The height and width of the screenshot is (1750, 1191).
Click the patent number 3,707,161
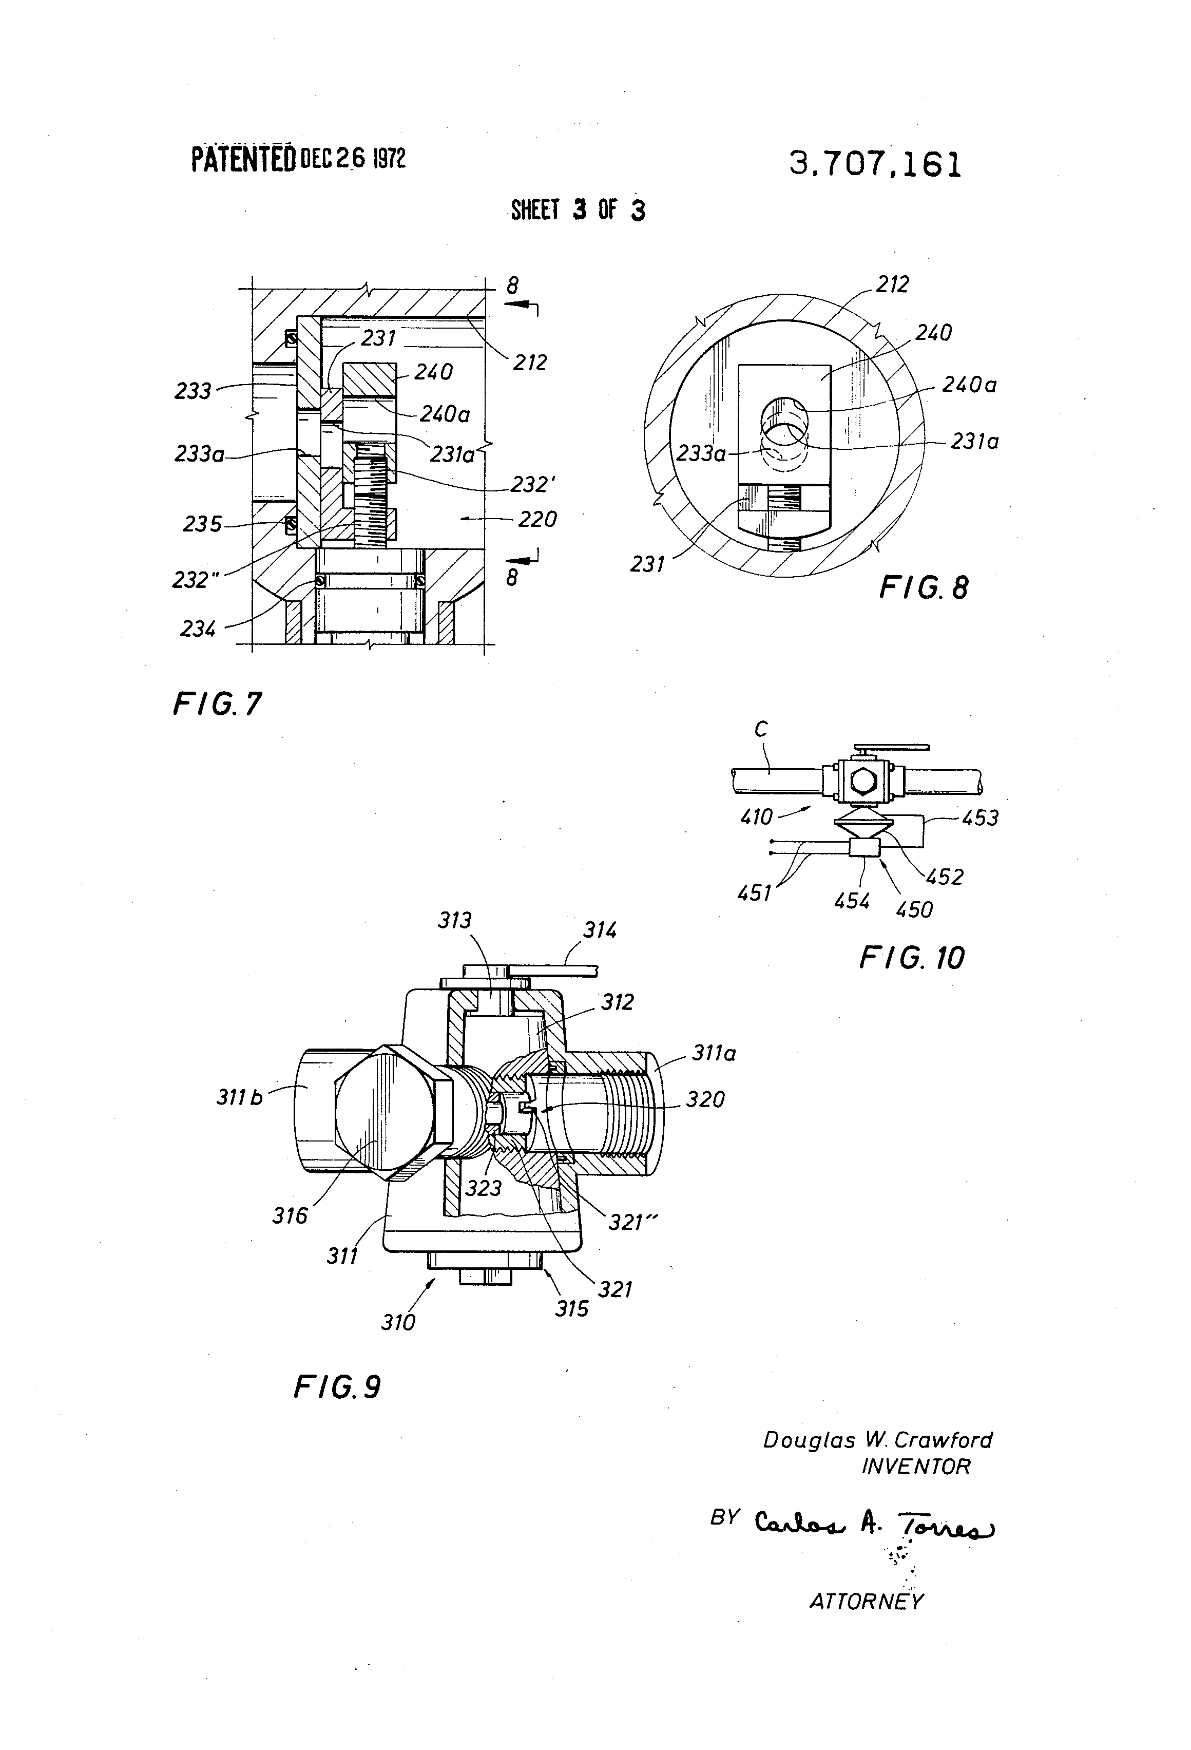875,164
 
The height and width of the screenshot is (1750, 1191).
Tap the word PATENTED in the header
243,160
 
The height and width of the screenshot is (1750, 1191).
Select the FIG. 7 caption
217,704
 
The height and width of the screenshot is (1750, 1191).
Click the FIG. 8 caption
923,587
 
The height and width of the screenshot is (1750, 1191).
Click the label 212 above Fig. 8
892,284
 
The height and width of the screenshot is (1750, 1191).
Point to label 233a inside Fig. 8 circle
701,453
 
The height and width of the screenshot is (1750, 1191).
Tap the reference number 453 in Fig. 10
979,818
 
